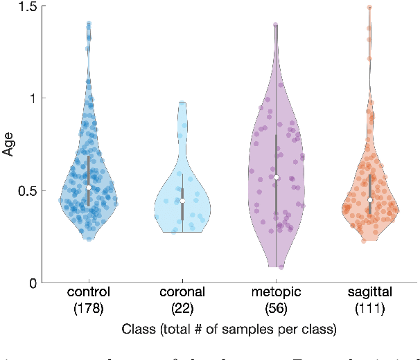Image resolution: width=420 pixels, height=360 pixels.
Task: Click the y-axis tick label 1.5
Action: click(28, 6)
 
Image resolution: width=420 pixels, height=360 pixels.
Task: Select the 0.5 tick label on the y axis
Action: click(28, 191)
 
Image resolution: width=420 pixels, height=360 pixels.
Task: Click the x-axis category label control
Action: click(89, 293)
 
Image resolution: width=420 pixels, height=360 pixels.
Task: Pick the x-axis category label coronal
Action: click(182, 293)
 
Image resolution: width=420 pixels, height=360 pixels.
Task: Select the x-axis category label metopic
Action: click(276, 293)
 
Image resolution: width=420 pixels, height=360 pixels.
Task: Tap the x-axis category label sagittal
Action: click(370, 293)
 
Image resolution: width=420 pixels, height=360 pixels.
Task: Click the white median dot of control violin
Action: click(89, 188)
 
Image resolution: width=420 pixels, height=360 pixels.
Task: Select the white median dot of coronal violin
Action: click(182, 201)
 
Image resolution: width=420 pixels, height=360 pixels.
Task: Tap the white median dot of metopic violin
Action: click(276, 177)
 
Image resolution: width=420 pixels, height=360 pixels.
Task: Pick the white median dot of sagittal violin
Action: click(370, 200)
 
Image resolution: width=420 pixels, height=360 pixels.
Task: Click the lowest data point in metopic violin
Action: click(281, 267)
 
